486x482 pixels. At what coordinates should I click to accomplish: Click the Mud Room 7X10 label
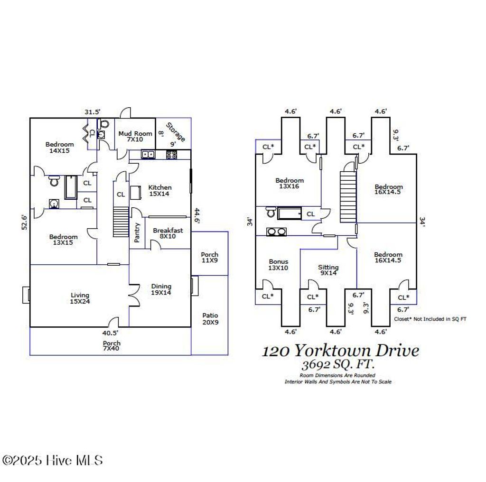(x=135, y=137)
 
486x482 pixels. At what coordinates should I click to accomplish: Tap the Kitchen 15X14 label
(x=160, y=190)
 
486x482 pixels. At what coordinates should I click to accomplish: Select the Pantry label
(x=138, y=232)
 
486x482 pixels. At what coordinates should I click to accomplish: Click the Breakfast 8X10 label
(x=168, y=234)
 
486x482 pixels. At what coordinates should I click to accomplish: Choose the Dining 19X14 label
(x=161, y=289)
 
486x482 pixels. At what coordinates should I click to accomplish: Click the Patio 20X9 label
(x=210, y=319)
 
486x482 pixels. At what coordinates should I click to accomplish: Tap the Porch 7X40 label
(x=112, y=346)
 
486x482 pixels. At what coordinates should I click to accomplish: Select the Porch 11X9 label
(x=209, y=258)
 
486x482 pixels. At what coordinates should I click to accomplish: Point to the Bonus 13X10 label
(x=278, y=264)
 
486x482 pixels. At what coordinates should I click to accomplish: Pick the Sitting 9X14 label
(x=328, y=270)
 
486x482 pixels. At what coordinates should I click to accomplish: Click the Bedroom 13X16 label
(x=290, y=184)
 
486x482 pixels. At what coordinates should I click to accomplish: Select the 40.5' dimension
(x=111, y=333)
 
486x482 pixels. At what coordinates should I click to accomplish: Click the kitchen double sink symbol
(x=148, y=154)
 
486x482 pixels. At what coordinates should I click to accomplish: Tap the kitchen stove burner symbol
(x=171, y=154)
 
